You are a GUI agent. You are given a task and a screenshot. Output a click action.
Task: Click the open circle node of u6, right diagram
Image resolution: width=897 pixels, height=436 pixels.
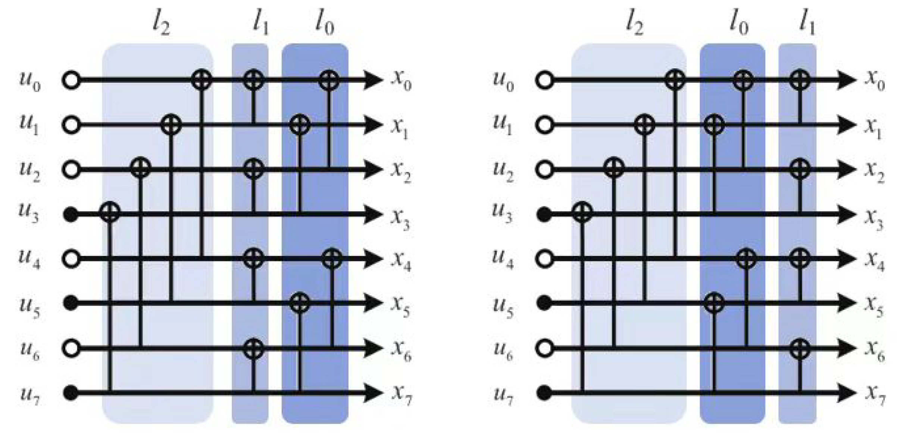(x=544, y=348)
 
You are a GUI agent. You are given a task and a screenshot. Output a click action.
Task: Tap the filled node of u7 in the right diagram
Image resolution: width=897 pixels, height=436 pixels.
(x=544, y=393)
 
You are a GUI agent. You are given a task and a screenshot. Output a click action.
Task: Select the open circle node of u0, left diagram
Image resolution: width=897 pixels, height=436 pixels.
(x=71, y=80)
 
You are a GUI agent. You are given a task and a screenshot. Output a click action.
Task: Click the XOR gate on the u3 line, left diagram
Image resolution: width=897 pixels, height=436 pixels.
(x=110, y=212)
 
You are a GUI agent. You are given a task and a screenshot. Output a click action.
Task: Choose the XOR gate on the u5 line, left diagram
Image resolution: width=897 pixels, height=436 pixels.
(x=300, y=302)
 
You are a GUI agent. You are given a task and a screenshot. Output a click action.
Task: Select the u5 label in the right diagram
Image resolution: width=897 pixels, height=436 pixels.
(x=503, y=307)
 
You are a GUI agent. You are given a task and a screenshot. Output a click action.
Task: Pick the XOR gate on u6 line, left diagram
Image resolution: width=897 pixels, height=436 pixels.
(x=254, y=348)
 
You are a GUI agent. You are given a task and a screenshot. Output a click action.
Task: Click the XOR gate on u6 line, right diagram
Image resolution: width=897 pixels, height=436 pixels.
(x=800, y=348)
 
